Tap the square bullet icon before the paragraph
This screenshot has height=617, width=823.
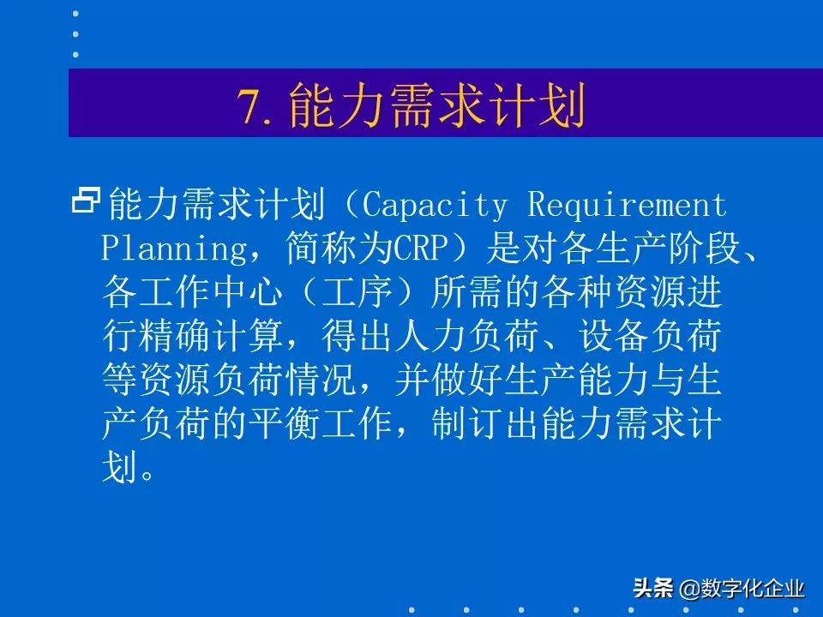(x=86, y=201)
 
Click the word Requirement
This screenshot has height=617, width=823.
(x=627, y=206)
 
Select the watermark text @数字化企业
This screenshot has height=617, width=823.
(x=742, y=589)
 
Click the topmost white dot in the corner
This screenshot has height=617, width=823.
(x=75, y=14)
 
